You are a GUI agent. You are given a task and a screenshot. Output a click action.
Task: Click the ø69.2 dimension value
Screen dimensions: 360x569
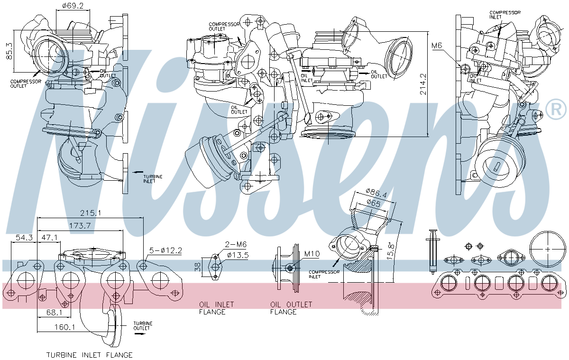(73, 6)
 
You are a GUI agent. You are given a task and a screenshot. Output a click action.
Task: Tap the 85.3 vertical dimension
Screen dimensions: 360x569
(8, 50)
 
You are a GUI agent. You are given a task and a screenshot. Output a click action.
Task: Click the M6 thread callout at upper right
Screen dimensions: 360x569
(437, 46)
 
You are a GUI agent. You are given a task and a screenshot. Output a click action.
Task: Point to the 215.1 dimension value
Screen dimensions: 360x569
(90, 213)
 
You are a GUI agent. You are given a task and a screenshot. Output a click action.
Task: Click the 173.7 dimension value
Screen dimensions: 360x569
(79, 226)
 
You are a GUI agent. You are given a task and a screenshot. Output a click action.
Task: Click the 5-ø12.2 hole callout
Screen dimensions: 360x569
(166, 250)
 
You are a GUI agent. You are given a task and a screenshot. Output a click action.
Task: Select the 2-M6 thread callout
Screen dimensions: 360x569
(236, 244)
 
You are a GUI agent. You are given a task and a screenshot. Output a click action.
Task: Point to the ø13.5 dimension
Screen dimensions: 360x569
(238, 255)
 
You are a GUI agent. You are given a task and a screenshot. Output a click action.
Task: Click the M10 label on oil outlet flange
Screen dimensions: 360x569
(312, 254)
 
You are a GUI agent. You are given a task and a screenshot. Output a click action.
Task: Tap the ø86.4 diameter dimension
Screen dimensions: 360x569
(377, 194)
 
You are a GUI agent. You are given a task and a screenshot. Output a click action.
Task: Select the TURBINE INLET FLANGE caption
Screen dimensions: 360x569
(89, 355)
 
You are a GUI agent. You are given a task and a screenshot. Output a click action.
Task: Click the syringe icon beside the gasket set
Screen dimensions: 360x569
(432, 251)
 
